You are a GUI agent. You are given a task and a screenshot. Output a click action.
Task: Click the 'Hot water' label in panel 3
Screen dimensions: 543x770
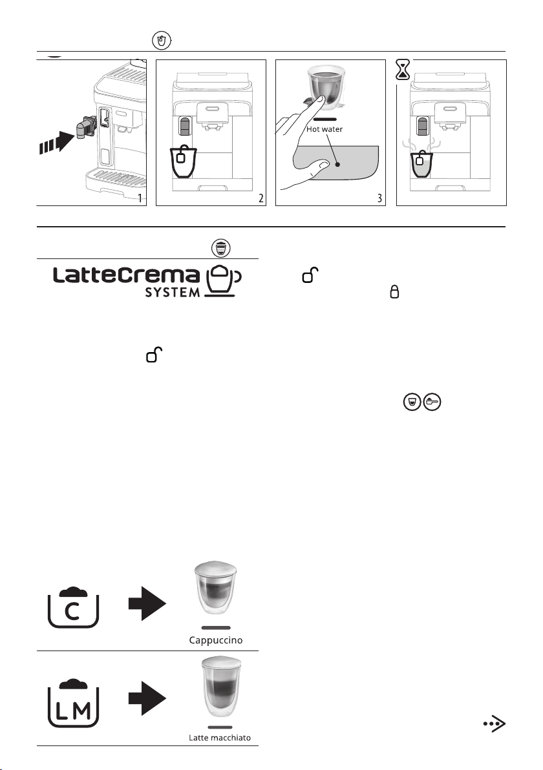[x=325, y=129]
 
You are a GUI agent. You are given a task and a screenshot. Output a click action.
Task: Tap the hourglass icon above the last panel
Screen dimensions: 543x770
[x=403, y=70]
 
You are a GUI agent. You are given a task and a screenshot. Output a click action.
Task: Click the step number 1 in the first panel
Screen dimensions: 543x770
[x=140, y=198]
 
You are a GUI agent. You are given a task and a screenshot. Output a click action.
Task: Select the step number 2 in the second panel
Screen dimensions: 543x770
[x=261, y=198]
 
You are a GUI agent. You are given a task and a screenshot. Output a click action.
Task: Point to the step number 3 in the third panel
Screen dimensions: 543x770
[x=379, y=198]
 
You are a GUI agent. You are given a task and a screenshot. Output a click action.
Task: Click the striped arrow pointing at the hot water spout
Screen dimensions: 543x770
[x=56, y=141]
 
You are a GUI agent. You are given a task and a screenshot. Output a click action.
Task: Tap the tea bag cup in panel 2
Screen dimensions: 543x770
[x=184, y=161]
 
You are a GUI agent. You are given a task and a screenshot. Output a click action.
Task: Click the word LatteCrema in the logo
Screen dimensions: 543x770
[x=126, y=275]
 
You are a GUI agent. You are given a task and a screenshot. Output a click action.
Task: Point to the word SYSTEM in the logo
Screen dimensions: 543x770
[x=173, y=292]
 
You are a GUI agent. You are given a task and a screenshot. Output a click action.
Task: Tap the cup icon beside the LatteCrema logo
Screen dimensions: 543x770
[x=223, y=282]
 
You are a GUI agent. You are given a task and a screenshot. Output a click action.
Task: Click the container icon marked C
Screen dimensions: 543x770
[x=73, y=607]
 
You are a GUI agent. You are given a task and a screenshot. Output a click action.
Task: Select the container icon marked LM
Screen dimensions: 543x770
[x=73, y=703]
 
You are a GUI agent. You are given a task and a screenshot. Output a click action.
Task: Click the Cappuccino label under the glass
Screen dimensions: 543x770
[x=216, y=640]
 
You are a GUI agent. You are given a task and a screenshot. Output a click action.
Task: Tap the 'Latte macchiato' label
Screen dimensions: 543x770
[x=220, y=738]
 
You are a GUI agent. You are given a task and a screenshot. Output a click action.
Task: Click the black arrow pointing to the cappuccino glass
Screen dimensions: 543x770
[x=147, y=603]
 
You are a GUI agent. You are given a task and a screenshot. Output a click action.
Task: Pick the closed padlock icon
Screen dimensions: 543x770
[x=394, y=292]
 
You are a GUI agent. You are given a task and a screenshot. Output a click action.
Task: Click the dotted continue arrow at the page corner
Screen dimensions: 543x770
[x=495, y=723]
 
